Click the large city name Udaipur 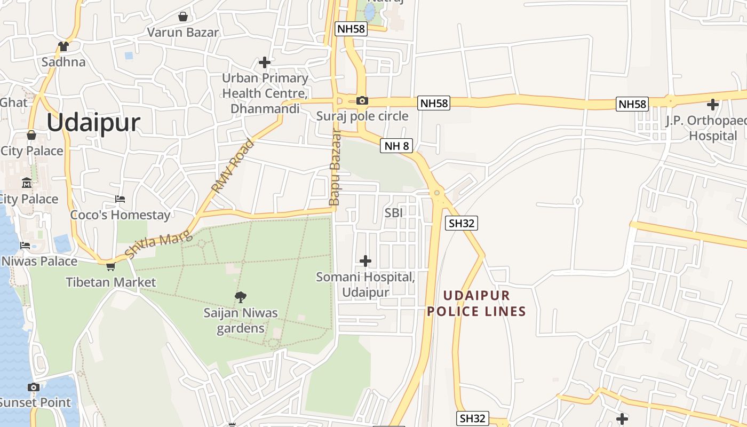tap(93, 123)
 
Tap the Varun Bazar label tap(182, 32)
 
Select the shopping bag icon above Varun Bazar tap(183, 17)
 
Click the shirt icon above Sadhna tap(63, 46)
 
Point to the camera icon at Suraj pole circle tap(362, 100)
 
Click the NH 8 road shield tap(396, 146)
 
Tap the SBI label tap(394, 212)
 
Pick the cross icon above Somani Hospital tap(365, 261)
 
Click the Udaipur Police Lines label tap(476, 303)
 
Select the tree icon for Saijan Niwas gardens tap(241, 297)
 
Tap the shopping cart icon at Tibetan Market tap(110, 266)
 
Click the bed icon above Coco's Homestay tap(120, 199)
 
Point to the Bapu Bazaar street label tap(335, 167)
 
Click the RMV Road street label tap(234, 166)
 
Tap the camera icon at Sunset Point tap(34, 387)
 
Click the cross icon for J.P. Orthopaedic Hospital tap(712, 104)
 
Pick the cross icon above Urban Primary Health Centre tap(265, 62)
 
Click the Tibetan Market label tap(110, 282)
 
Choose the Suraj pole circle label tap(362, 116)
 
